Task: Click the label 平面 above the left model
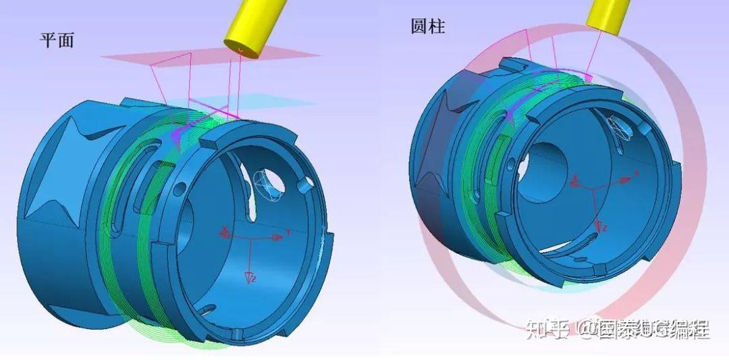pyautogui.click(x=57, y=41)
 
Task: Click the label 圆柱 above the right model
pyautogui.click(x=428, y=26)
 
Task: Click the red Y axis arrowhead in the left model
pyautogui.click(x=277, y=238)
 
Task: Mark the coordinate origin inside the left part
pyautogui.click(x=250, y=239)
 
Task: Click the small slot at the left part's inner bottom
pyautogui.click(x=207, y=311)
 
